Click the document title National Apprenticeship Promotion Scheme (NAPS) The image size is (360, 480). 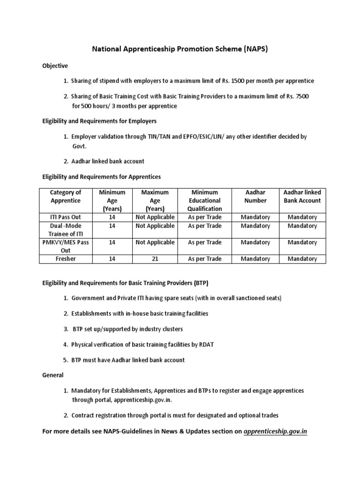tap(180, 48)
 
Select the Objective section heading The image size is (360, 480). tap(55, 66)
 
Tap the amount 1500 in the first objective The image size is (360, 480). tap(249, 81)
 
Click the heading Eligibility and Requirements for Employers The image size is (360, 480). tap(100, 121)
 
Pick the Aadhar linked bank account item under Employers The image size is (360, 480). tap(107, 161)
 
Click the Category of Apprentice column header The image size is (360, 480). tap(66, 196)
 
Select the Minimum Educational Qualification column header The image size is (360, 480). tap(204, 200)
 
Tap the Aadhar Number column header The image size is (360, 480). tap(255, 196)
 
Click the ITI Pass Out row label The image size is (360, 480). tap(66, 217)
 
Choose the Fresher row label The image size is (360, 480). tap(66, 259)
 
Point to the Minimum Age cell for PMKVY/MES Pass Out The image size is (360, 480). tap(112, 242)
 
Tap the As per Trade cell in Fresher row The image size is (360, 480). tap(204, 259)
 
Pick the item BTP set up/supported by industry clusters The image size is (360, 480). tap(127, 329)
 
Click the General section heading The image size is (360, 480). tap(53, 375)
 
